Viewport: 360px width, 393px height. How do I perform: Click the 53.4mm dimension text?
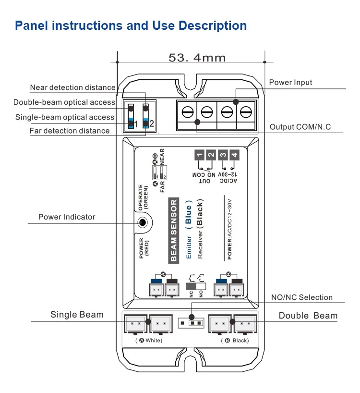click(x=197, y=58)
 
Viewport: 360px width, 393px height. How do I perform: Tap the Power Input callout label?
click(x=290, y=82)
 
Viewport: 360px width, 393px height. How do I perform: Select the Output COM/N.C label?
click(x=300, y=127)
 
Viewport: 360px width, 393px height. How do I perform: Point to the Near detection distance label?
click(x=72, y=87)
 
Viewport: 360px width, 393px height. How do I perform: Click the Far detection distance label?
click(x=70, y=131)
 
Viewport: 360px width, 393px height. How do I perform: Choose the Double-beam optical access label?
click(x=64, y=102)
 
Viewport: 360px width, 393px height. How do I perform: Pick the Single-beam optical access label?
click(x=65, y=117)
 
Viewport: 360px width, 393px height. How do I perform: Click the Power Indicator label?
click(x=67, y=217)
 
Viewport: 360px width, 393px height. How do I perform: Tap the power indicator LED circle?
click(x=143, y=222)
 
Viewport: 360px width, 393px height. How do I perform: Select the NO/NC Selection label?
click(x=302, y=297)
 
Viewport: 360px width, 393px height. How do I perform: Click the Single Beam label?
click(x=77, y=315)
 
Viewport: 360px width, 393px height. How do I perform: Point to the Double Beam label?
click(x=308, y=316)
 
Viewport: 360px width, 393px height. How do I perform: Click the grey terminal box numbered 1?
click(x=200, y=155)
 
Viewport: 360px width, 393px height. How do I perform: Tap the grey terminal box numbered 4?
click(x=234, y=155)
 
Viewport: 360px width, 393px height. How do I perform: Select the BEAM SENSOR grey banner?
click(x=173, y=231)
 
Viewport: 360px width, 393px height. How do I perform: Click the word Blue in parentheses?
click(x=188, y=215)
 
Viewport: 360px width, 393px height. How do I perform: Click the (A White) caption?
click(x=149, y=340)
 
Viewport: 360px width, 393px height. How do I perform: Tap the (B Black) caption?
click(x=235, y=340)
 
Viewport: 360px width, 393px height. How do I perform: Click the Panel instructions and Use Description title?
click(x=131, y=25)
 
